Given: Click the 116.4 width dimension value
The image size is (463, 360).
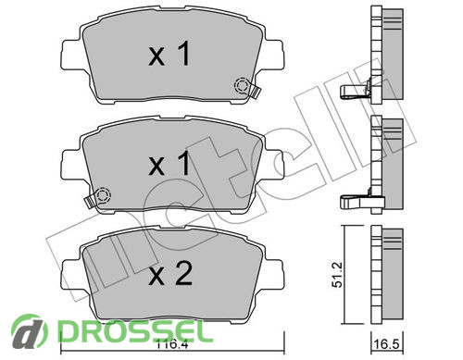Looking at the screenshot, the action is click(x=172, y=342).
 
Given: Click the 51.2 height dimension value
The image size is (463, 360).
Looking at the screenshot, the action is click(x=337, y=275).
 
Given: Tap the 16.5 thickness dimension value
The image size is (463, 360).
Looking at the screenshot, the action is click(x=387, y=344).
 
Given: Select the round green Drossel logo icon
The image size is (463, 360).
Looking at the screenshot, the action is click(x=30, y=330).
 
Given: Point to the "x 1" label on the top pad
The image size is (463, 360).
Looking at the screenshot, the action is click(x=169, y=54).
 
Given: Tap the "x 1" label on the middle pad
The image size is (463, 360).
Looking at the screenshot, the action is click(x=169, y=164).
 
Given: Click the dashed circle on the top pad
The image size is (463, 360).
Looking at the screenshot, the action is click(x=242, y=85).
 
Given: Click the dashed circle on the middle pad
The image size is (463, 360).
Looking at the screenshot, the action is click(x=103, y=195).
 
